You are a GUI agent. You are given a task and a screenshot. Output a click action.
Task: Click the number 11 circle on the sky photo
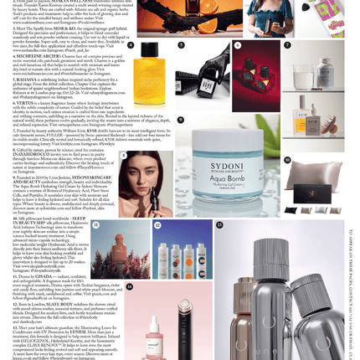click(x=95, y=225)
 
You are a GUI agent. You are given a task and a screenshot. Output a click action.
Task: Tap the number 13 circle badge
click(x=219, y=225)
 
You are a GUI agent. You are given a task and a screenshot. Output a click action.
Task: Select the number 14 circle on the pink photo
click(x=129, y=286)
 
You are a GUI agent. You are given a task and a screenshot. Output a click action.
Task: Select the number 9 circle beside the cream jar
click(x=287, y=160)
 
